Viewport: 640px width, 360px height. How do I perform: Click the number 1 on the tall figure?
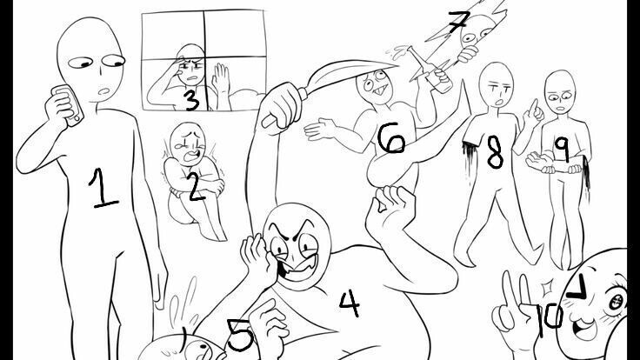102,189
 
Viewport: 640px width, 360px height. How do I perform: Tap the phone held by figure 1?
69,105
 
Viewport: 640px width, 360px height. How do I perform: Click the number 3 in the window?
191,101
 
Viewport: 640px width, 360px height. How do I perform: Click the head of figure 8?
496,84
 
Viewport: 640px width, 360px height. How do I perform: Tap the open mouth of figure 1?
103,91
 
